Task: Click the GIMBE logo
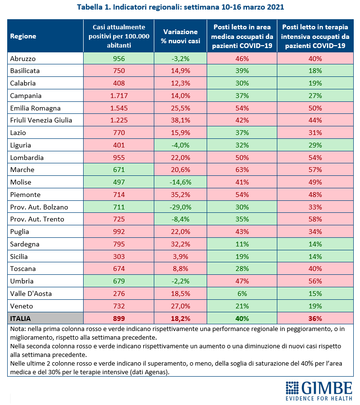click(x=319, y=391)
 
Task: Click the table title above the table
click(x=180, y=7)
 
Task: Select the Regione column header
click(x=23, y=36)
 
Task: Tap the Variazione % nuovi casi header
click(x=180, y=36)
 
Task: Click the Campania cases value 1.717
click(x=119, y=96)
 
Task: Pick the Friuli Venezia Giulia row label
click(x=41, y=121)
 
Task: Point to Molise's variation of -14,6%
click(x=180, y=182)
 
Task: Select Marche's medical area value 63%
click(x=242, y=170)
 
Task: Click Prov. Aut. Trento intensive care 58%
click(x=315, y=219)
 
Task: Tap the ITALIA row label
click(x=20, y=319)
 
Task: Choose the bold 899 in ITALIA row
click(x=119, y=319)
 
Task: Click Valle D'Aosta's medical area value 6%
click(x=242, y=294)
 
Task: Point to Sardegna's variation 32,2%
click(x=180, y=244)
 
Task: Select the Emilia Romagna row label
click(x=35, y=108)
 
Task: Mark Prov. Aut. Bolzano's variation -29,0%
click(x=180, y=207)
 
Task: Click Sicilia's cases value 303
click(x=119, y=257)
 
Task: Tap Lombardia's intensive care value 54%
click(x=315, y=158)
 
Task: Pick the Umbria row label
click(x=22, y=281)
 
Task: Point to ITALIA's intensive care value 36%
click(x=315, y=319)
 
